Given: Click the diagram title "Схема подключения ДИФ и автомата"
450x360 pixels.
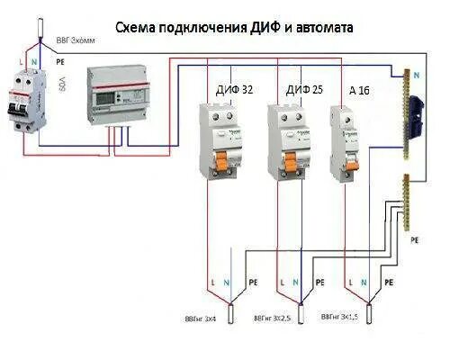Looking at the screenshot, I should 234,28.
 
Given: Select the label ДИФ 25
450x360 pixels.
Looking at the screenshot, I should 301,90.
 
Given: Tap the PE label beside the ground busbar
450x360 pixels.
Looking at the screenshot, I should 415,241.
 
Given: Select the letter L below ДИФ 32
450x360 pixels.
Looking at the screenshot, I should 211,282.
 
